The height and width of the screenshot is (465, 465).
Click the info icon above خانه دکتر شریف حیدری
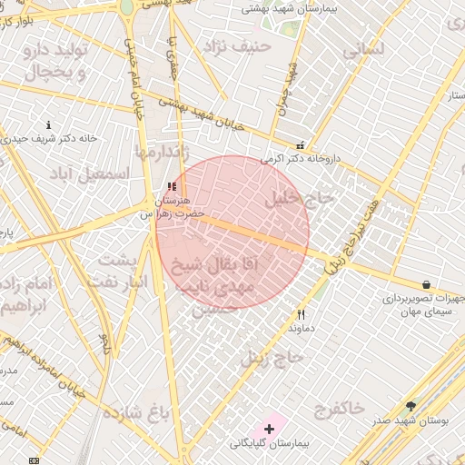point(48,125)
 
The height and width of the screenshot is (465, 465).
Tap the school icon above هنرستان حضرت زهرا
point(172,186)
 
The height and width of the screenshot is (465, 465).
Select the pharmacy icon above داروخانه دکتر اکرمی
point(300,145)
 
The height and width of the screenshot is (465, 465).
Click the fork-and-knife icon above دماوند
point(301,314)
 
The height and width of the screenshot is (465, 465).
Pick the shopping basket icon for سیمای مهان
point(426,284)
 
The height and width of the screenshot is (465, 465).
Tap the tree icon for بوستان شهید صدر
point(411,405)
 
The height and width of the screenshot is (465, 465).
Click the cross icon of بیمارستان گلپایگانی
point(270,428)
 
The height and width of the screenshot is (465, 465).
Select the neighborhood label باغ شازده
point(136,414)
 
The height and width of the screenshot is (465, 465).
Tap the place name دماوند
point(301,330)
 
